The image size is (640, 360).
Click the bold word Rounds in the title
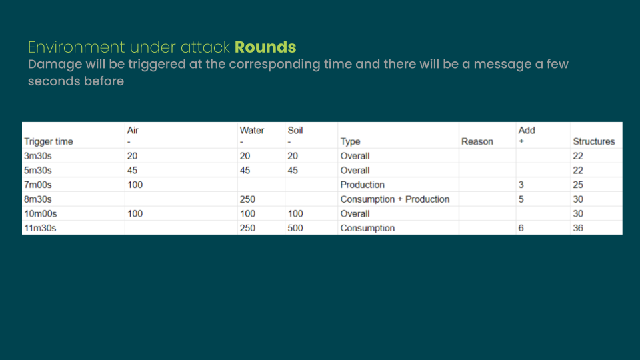pos(265,47)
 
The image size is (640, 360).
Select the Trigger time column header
pos(49,141)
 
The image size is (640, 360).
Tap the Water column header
pos(252,130)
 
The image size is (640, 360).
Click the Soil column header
pos(295,130)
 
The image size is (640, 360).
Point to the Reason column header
pos(477,141)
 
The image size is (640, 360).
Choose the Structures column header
pos(594,141)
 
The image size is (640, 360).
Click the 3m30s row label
pos(38,156)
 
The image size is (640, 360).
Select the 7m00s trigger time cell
pos(38,185)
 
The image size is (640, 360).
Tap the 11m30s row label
pos(41,228)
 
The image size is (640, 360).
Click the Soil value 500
pos(295,228)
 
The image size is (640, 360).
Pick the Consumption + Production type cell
pos(395,199)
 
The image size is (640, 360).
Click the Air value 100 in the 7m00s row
pos(135,185)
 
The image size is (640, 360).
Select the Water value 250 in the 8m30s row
pos(247,199)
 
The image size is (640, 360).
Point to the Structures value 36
pos(578,228)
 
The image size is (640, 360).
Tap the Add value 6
pos(521,228)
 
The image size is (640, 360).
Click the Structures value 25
pos(578,185)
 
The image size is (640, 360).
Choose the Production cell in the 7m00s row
pos(363,185)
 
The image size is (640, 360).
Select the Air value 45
pos(132,170)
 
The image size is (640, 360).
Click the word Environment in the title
pos(76,47)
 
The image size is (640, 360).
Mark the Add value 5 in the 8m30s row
pos(521,199)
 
